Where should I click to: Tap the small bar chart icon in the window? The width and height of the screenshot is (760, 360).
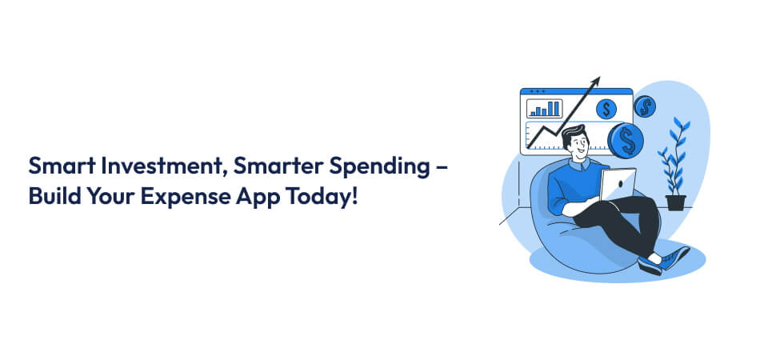click(544, 109)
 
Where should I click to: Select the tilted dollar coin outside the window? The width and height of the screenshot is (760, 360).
click(644, 106)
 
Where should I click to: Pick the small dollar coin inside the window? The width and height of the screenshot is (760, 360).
click(606, 109)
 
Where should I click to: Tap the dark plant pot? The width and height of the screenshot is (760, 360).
click(675, 202)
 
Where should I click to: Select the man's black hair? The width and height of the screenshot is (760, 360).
click(572, 134)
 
